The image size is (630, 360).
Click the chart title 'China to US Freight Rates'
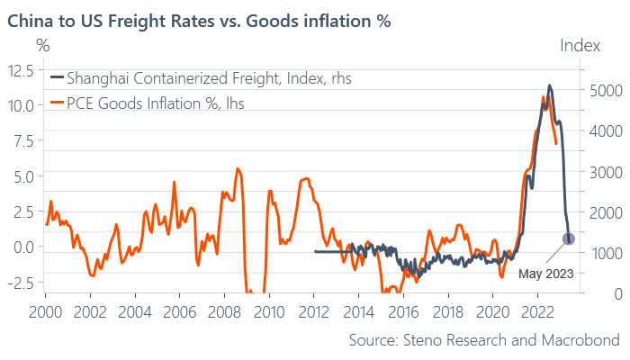point(111,21)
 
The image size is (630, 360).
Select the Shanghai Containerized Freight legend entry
point(201,78)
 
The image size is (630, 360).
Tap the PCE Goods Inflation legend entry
point(147,103)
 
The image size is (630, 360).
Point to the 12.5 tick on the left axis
point(21,71)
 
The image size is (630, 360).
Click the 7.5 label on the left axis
point(24,141)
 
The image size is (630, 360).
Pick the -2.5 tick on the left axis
point(21,282)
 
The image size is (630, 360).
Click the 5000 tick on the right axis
point(606,91)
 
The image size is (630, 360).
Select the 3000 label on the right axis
point(606,173)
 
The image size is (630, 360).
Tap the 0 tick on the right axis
point(618,294)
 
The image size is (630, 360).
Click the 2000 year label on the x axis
point(45,312)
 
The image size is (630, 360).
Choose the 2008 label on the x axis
point(224,312)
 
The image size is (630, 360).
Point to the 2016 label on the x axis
point(403,312)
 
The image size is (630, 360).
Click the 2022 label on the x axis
point(537,312)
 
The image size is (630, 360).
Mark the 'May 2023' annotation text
point(545,274)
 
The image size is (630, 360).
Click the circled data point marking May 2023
point(569,239)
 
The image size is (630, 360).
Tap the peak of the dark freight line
point(549,85)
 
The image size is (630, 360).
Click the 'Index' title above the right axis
point(580,46)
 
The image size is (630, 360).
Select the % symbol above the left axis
point(43,46)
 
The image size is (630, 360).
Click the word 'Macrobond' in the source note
point(580,340)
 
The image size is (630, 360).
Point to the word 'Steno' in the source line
point(423,340)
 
